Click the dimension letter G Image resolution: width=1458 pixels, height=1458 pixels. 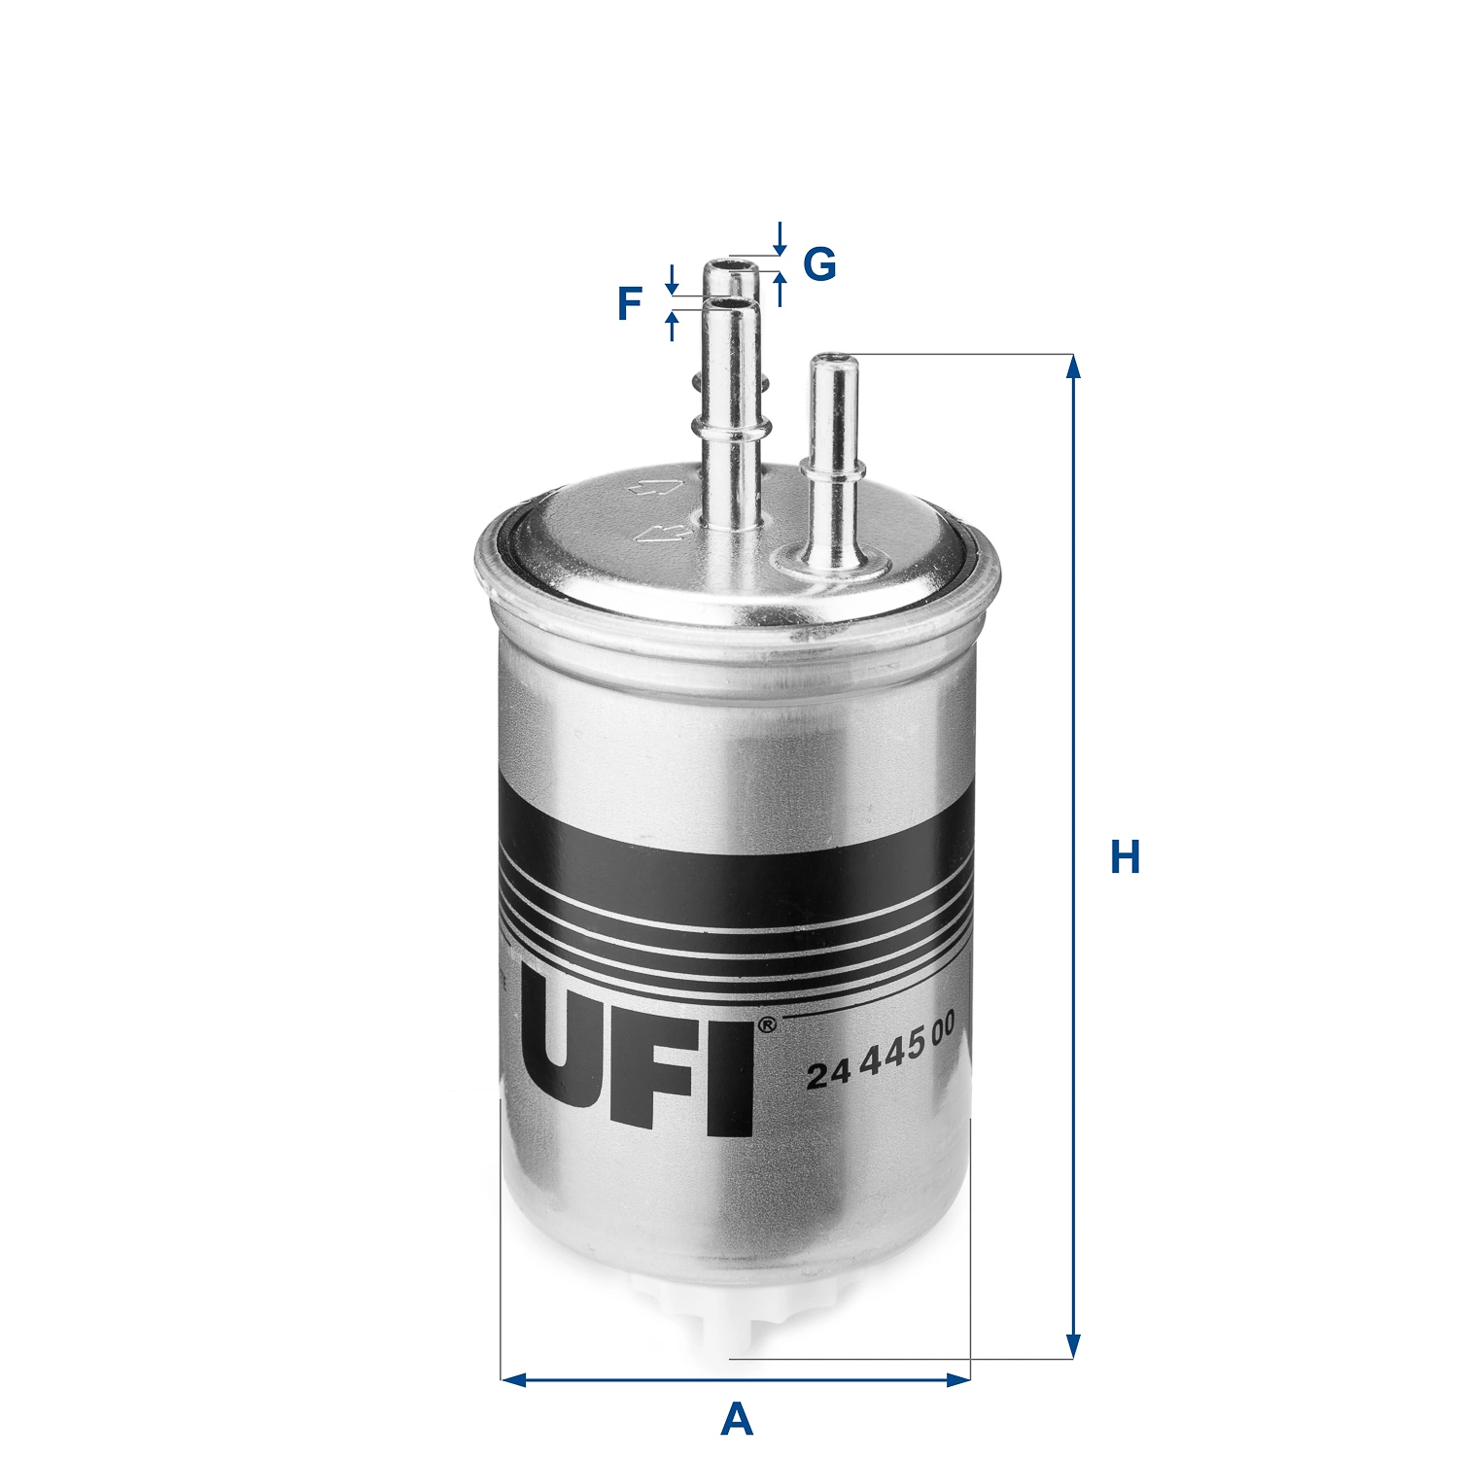(x=819, y=263)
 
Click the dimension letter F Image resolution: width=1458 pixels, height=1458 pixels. (x=630, y=304)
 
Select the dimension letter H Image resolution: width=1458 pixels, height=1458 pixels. (x=1125, y=858)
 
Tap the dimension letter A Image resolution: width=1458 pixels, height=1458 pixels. (x=737, y=1420)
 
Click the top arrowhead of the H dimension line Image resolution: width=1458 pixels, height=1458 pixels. (x=1073, y=365)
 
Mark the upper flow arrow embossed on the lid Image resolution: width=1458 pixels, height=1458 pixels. (x=651, y=488)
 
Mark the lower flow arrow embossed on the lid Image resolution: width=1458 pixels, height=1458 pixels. (x=659, y=531)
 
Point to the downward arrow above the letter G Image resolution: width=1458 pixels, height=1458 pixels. (x=779, y=239)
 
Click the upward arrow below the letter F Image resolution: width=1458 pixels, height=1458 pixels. (x=671, y=325)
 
